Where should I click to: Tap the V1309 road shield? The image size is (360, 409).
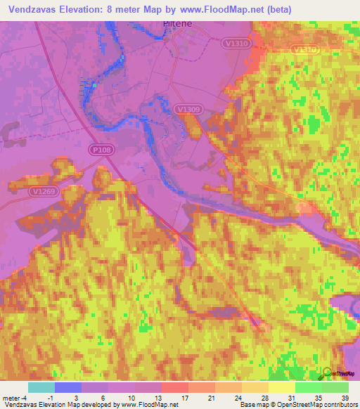189,110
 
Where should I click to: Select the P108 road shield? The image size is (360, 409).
101,150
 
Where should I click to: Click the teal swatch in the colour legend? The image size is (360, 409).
41,387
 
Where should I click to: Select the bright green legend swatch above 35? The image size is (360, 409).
308,387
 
